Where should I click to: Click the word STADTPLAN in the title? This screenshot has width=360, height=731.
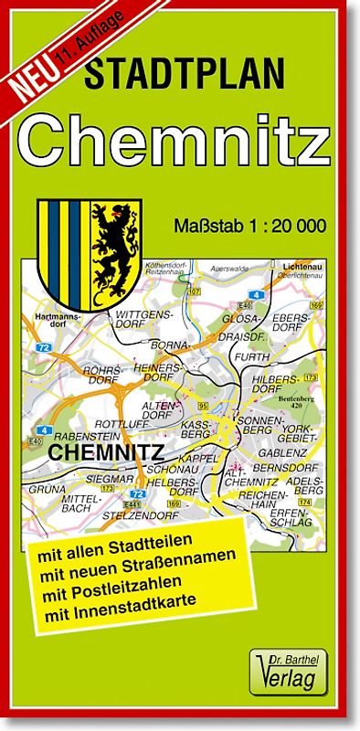pyautogui.click(x=185, y=74)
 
